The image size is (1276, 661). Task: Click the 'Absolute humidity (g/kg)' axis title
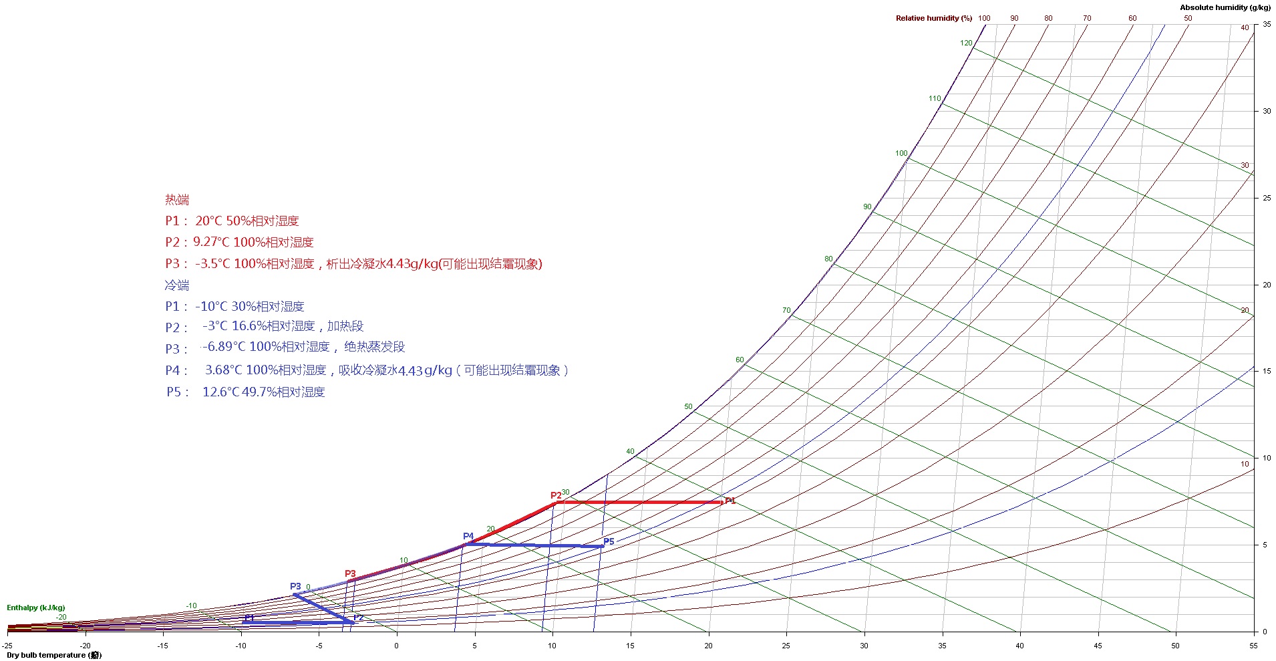click(1225, 7)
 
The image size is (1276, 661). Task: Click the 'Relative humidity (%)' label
click(933, 18)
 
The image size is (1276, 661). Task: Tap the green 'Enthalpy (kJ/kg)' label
click(35, 608)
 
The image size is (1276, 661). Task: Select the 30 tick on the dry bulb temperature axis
click(864, 646)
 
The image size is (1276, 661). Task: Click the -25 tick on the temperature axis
click(7, 646)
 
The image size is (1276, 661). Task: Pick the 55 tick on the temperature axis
click(1253, 646)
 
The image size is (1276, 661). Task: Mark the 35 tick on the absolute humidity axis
click(1267, 24)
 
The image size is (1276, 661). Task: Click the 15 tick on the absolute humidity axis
click(1267, 371)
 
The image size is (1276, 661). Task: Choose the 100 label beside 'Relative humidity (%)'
click(984, 18)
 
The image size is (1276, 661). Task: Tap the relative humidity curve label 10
click(1244, 464)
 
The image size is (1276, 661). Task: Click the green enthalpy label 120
click(966, 43)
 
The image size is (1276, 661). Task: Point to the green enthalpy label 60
click(740, 360)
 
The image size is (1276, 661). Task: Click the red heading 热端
click(177, 199)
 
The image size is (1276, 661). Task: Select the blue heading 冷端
click(177, 285)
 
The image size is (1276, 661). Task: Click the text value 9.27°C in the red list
click(211, 242)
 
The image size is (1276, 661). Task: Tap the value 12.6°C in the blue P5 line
click(220, 392)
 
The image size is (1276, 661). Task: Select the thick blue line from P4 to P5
click(534, 545)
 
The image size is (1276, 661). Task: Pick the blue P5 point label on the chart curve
click(609, 541)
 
